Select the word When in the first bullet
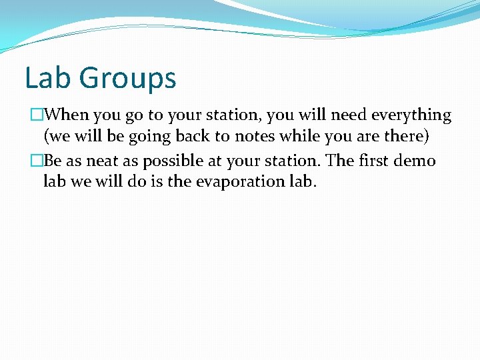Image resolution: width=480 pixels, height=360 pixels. coord(70,115)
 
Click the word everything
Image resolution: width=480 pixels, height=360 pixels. coord(411,115)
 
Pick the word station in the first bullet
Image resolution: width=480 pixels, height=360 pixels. coord(235,115)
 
